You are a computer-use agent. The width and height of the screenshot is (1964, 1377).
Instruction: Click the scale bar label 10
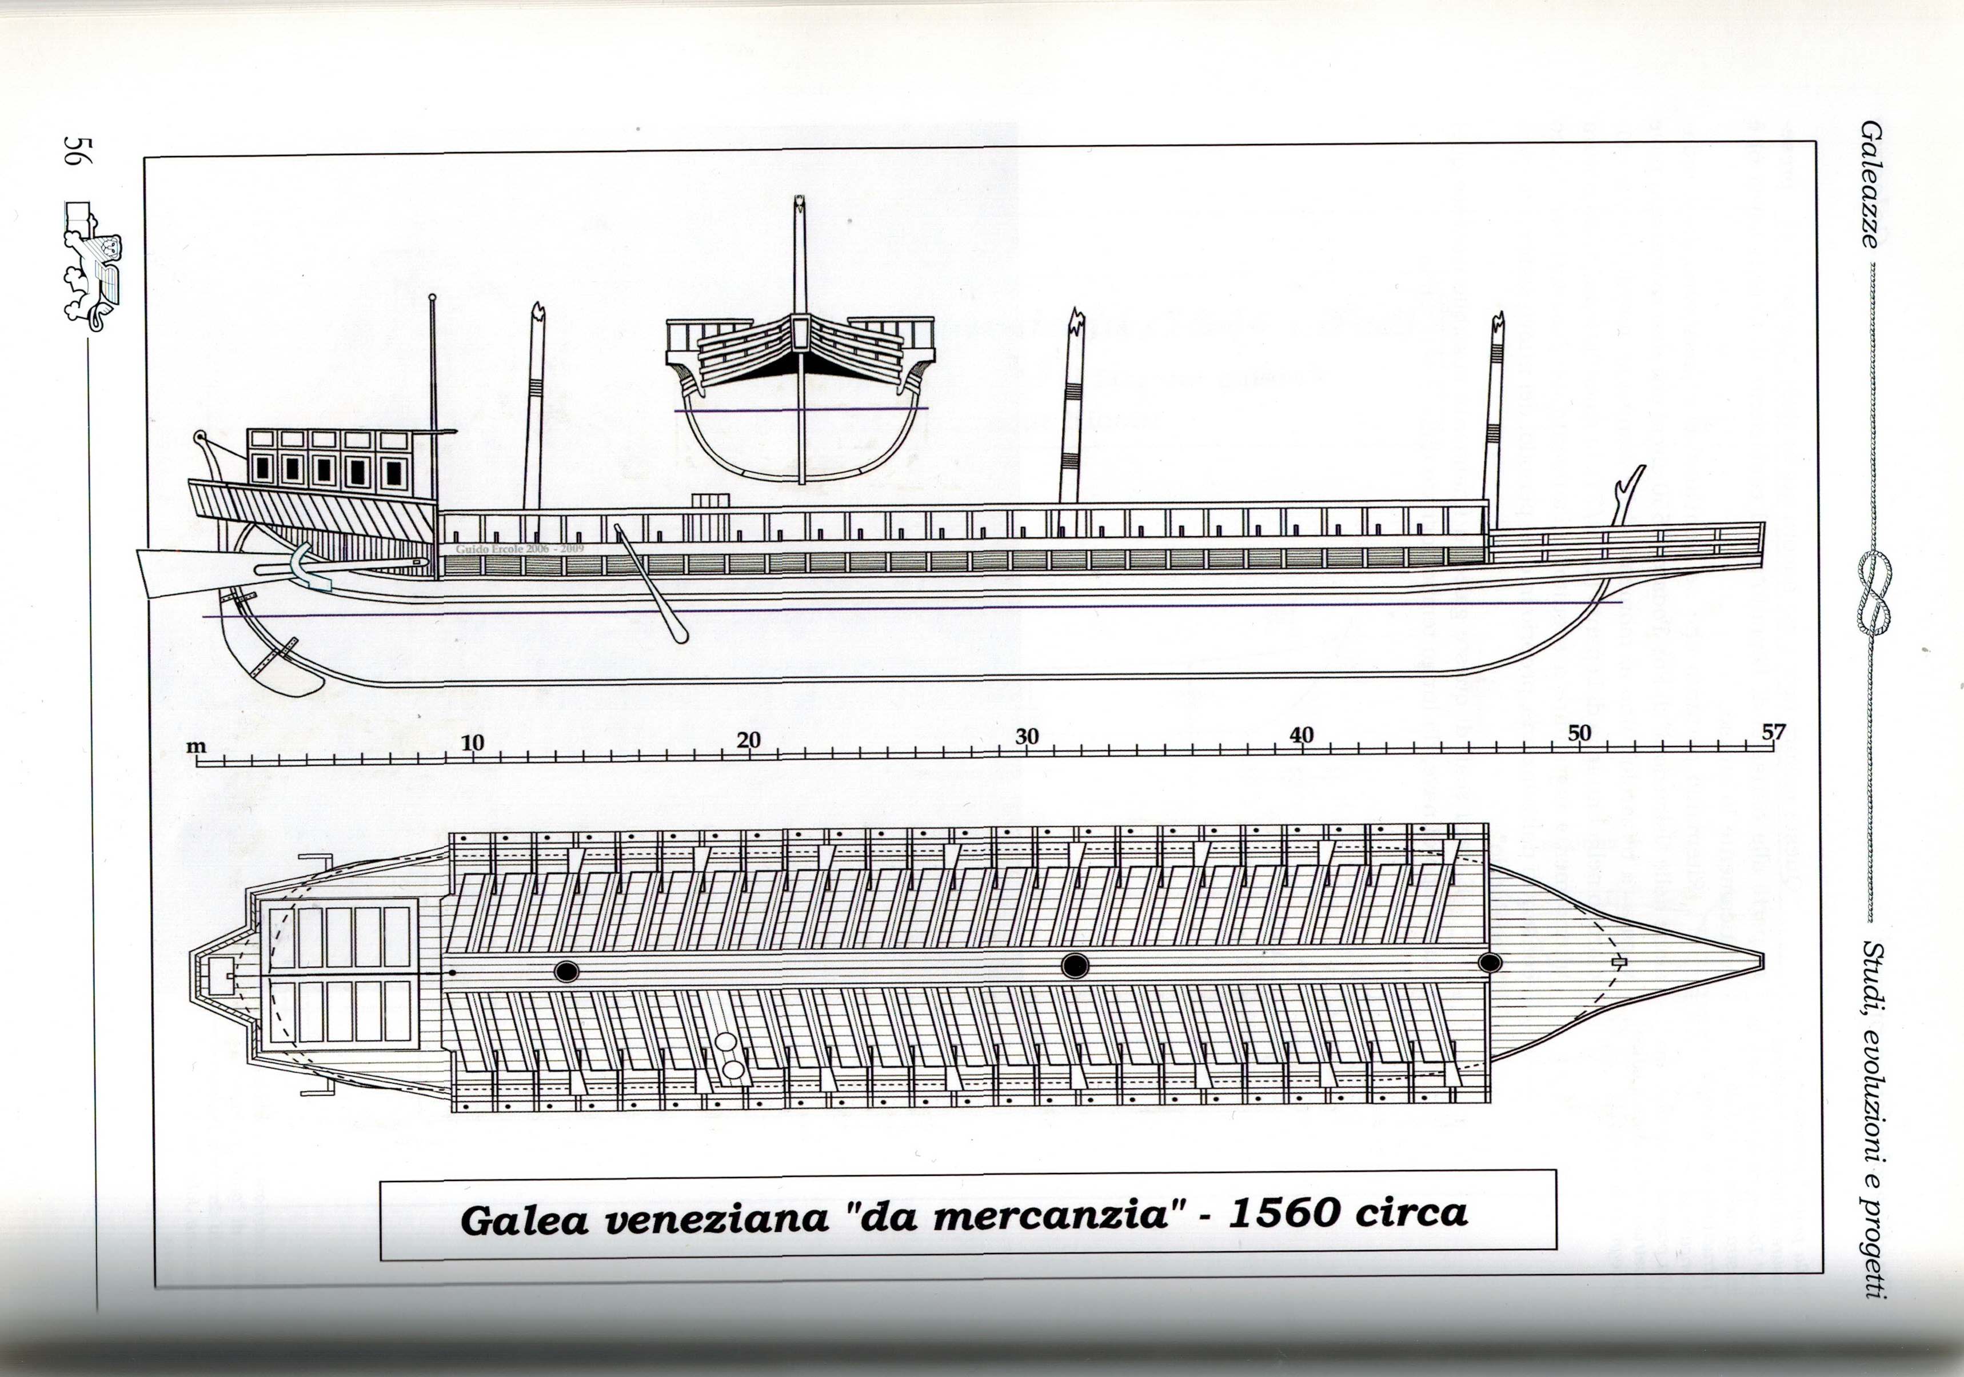(472, 743)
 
